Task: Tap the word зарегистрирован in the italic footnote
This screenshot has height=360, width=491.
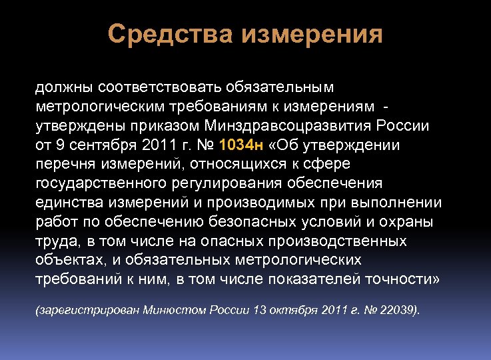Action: (84, 311)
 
